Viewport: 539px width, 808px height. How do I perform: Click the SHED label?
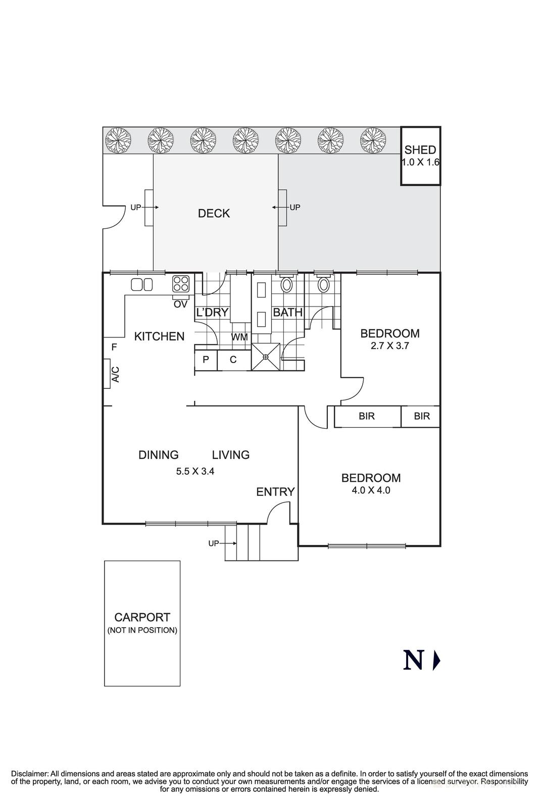click(x=420, y=150)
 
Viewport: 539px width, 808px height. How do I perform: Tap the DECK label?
click(x=214, y=214)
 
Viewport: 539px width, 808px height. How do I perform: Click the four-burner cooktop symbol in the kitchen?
click(x=181, y=284)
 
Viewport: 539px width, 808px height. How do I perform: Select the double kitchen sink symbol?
click(x=142, y=285)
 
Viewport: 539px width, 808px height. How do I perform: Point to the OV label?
click(x=180, y=305)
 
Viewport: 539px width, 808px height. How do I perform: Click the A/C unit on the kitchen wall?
click(x=107, y=374)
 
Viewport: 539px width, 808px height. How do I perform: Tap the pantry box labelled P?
click(x=206, y=360)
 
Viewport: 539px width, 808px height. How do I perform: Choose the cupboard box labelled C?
click(x=233, y=360)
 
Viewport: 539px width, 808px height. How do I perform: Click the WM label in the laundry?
click(x=239, y=337)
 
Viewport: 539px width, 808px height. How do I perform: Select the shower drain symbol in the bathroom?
click(x=266, y=357)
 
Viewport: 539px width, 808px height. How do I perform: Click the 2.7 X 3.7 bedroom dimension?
click(x=389, y=346)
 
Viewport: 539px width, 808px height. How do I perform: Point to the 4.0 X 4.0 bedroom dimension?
click(x=371, y=490)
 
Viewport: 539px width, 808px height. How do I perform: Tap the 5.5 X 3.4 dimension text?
click(x=195, y=472)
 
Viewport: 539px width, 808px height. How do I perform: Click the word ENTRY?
click(x=275, y=492)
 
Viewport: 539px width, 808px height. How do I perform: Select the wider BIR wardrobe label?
click(x=367, y=416)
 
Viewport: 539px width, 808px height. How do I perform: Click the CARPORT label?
click(x=142, y=617)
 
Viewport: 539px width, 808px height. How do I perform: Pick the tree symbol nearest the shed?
click(x=373, y=140)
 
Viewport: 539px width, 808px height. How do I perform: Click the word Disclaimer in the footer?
click(x=29, y=774)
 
